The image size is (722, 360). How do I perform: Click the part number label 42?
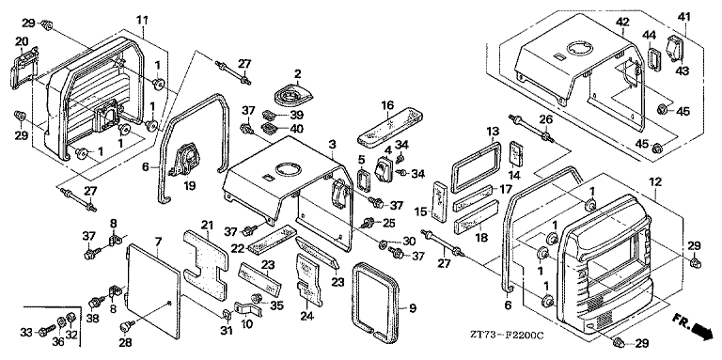point(622,22)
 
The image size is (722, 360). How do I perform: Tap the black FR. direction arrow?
point(705,331)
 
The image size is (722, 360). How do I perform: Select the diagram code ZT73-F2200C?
point(508,336)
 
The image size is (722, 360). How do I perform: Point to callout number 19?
point(189,185)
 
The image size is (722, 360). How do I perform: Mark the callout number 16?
point(387,104)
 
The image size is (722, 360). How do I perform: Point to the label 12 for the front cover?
point(655,181)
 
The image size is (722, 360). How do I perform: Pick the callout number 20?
point(22,42)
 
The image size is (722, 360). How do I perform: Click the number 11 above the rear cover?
point(143,19)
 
